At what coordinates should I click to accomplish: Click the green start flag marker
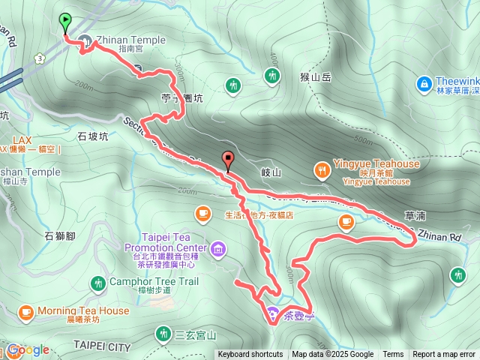(x=65, y=22)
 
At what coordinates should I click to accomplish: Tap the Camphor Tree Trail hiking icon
(x=97, y=283)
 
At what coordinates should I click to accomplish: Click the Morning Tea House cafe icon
(x=25, y=311)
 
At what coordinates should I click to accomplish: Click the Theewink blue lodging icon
(x=424, y=83)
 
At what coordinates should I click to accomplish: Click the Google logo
(x=28, y=349)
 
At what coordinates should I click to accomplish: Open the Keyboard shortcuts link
(x=250, y=355)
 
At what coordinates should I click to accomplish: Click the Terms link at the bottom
(x=393, y=355)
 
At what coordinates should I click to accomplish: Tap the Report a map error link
(x=445, y=355)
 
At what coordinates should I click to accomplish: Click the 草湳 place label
(x=414, y=215)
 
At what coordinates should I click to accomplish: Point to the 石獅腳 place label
(x=60, y=236)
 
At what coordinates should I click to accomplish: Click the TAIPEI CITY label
(x=102, y=346)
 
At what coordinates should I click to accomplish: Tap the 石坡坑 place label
(x=93, y=136)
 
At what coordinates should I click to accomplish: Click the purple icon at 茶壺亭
(x=271, y=311)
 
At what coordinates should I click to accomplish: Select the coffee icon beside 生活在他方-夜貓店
(x=202, y=214)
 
